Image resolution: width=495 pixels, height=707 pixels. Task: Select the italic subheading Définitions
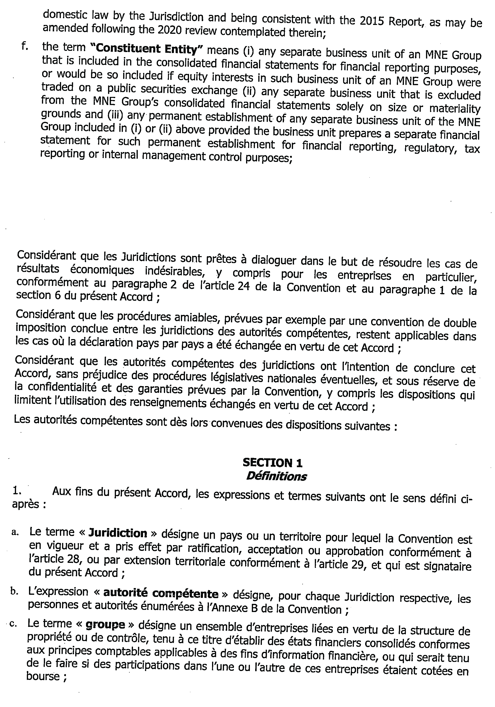tap(276, 476)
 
